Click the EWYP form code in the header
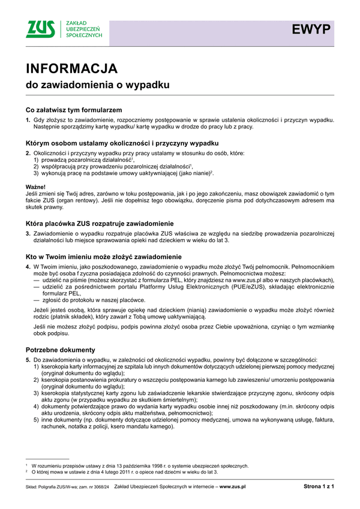(311, 29)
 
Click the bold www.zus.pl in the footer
(233, 487)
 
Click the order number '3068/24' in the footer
(100, 487)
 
